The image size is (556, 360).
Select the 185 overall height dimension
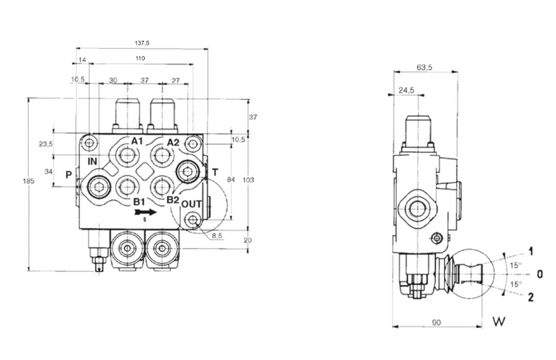[30, 182]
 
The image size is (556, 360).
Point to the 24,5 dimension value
[407, 90]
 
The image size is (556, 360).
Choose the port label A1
[137, 142]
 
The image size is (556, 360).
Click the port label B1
[139, 202]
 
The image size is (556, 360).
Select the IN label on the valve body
[93, 160]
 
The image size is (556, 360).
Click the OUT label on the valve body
[190, 204]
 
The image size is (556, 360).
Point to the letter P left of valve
[69, 174]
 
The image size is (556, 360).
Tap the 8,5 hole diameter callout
[218, 236]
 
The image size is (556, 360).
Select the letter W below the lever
[499, 323]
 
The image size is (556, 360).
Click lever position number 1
[530, 250]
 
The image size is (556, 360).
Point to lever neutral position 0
[540, 274]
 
